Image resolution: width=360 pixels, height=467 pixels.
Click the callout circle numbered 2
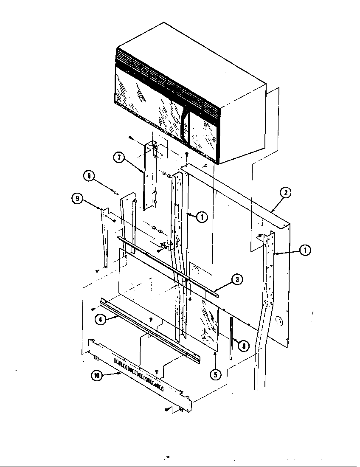click(x=285, y=192)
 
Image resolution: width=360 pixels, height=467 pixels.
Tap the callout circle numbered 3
click(x=237, y=279)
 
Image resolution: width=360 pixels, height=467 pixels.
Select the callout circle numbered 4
click(x=100, y=320)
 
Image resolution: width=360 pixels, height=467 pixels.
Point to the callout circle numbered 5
click(x=217, y=375)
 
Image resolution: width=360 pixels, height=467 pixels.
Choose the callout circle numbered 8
click(x=243, y=346)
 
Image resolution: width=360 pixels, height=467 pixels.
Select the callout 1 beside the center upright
click(x=202, y=217)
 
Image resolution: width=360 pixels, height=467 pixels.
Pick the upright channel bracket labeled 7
click(x=149, y=176)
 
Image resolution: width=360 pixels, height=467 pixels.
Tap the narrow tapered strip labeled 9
click(x=104, y=238)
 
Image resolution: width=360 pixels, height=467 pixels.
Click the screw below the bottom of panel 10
click(x=167, y=410)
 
